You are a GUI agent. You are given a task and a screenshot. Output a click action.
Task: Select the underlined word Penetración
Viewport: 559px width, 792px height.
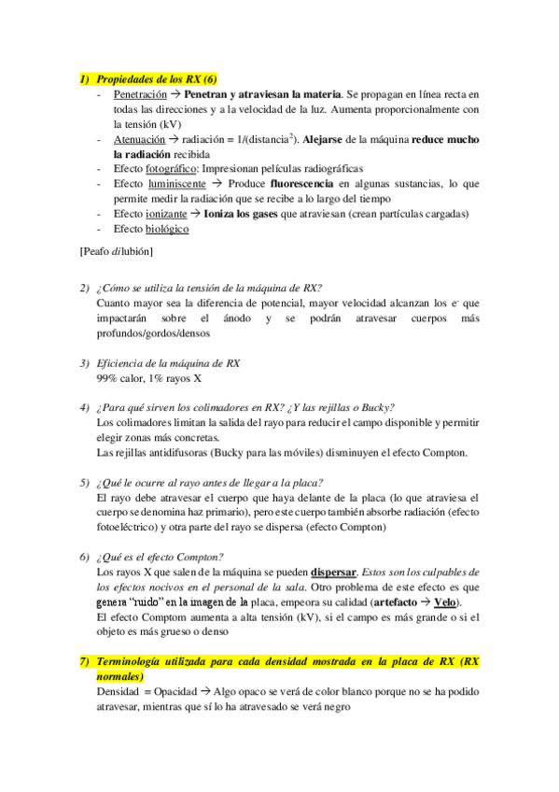(140, 95)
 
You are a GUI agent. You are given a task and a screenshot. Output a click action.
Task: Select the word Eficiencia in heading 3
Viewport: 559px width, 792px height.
(126, 363)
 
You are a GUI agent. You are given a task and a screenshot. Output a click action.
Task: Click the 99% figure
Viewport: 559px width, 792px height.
(106, 378)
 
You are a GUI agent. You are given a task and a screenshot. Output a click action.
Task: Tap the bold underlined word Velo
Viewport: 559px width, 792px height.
(447, 601)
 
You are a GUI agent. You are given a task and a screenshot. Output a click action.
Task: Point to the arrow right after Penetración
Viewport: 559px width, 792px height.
(175, 95)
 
